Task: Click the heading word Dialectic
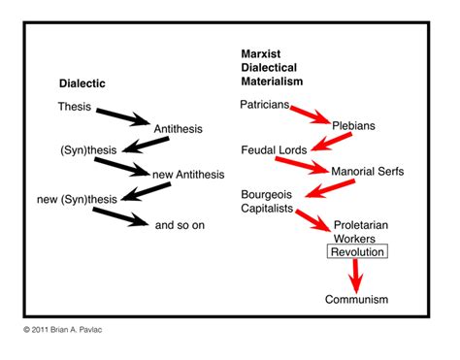82,83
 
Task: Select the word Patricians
268,103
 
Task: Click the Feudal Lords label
275,149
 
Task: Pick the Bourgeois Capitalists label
271,202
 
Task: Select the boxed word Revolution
357,252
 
